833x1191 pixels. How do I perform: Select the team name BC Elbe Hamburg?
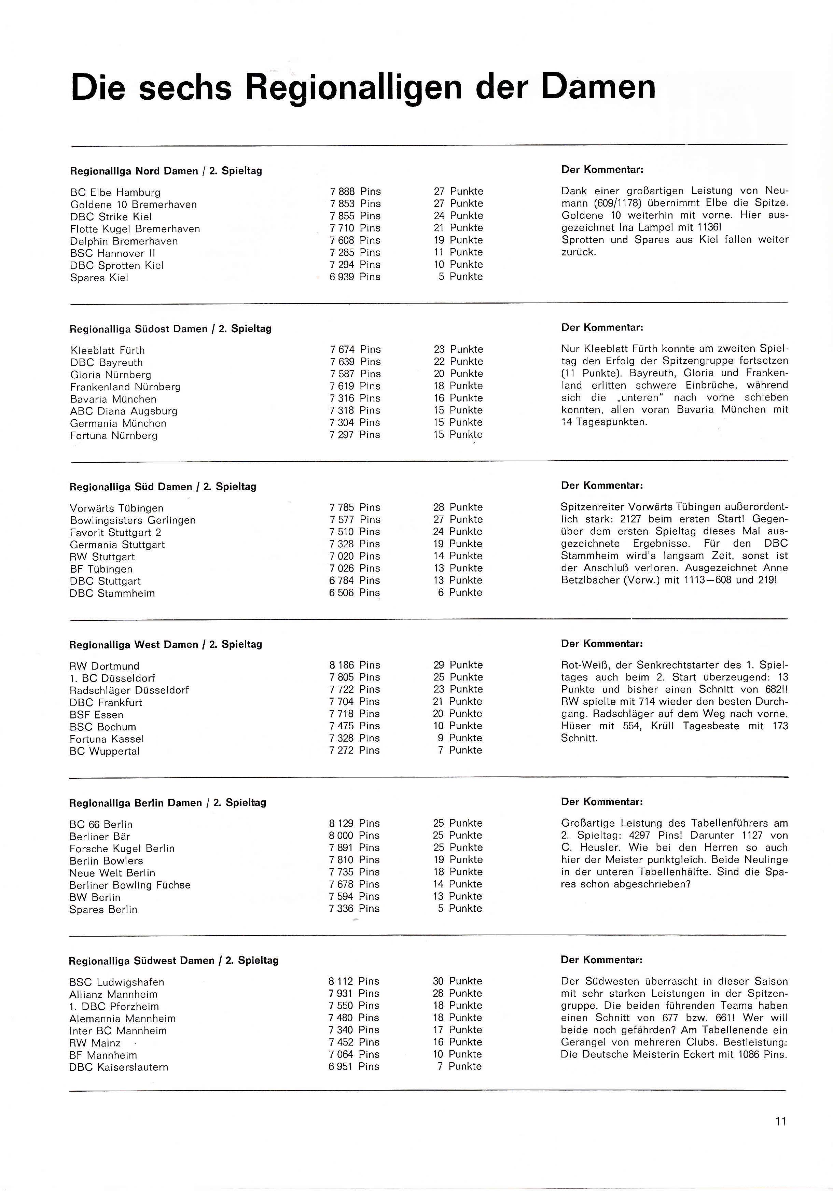(x=115, y=193)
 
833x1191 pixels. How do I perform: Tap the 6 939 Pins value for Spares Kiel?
(x=355, y=277)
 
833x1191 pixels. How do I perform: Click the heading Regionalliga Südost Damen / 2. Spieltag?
(x=170, y=329)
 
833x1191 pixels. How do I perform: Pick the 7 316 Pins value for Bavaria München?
(x=355, y=398)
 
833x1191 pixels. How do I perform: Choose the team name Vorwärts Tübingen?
(x=116, y=508)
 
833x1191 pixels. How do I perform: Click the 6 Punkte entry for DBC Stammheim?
(x=460, y=593)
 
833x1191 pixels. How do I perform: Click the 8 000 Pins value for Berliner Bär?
(x=354, y=836)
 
